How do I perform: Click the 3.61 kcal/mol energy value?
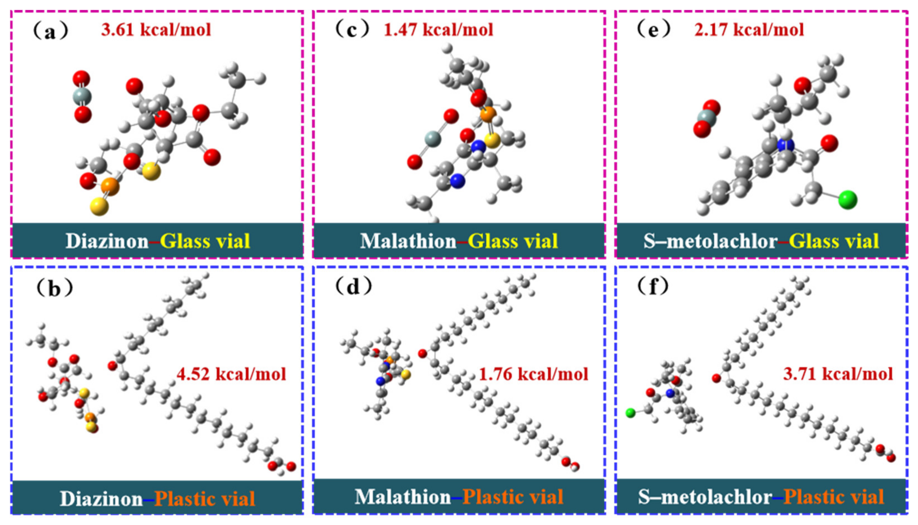click(x=156, y=29)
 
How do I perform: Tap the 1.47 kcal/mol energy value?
click(x=438, y=29)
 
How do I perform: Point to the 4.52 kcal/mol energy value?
click(x=231, y=374)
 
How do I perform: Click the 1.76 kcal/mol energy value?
click(x=533, y=374)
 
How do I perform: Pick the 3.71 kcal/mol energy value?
click(x=838, y=374)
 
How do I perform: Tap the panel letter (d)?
click(x=353, y=287)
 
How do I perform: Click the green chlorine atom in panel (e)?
click(x=848, y=200)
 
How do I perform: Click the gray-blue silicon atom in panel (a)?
click(x=82, y=97)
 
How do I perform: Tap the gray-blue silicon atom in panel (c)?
click(x=433, y=138)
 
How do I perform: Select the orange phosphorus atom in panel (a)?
click(x=110, y=186)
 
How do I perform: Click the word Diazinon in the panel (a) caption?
click(x=107, y=241)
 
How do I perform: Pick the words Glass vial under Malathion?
click(x=513, y=241)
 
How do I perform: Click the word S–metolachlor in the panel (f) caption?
click(x=705, y=497)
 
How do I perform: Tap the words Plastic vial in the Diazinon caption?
click(x=205, y=499)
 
